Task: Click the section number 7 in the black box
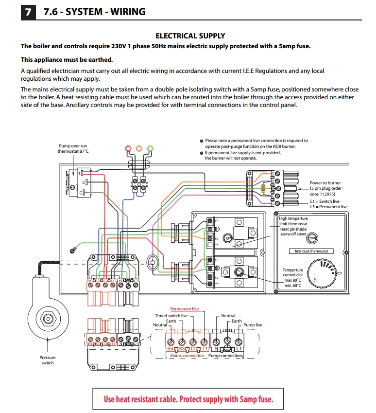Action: coord(29,11)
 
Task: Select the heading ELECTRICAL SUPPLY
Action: coord(190,36)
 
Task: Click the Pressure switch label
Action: coord(48,360)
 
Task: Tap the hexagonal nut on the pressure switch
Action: coord(48,320)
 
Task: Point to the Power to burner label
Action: coord(325,183)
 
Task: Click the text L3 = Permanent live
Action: coord(328,207)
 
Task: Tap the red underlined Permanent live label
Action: coord(184,309)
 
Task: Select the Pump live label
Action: coord(253,325)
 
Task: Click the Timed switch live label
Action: coord(171,316)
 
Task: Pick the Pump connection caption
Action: coord(225,356)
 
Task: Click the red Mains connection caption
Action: coord(187,356)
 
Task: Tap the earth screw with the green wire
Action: coord(73,249)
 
